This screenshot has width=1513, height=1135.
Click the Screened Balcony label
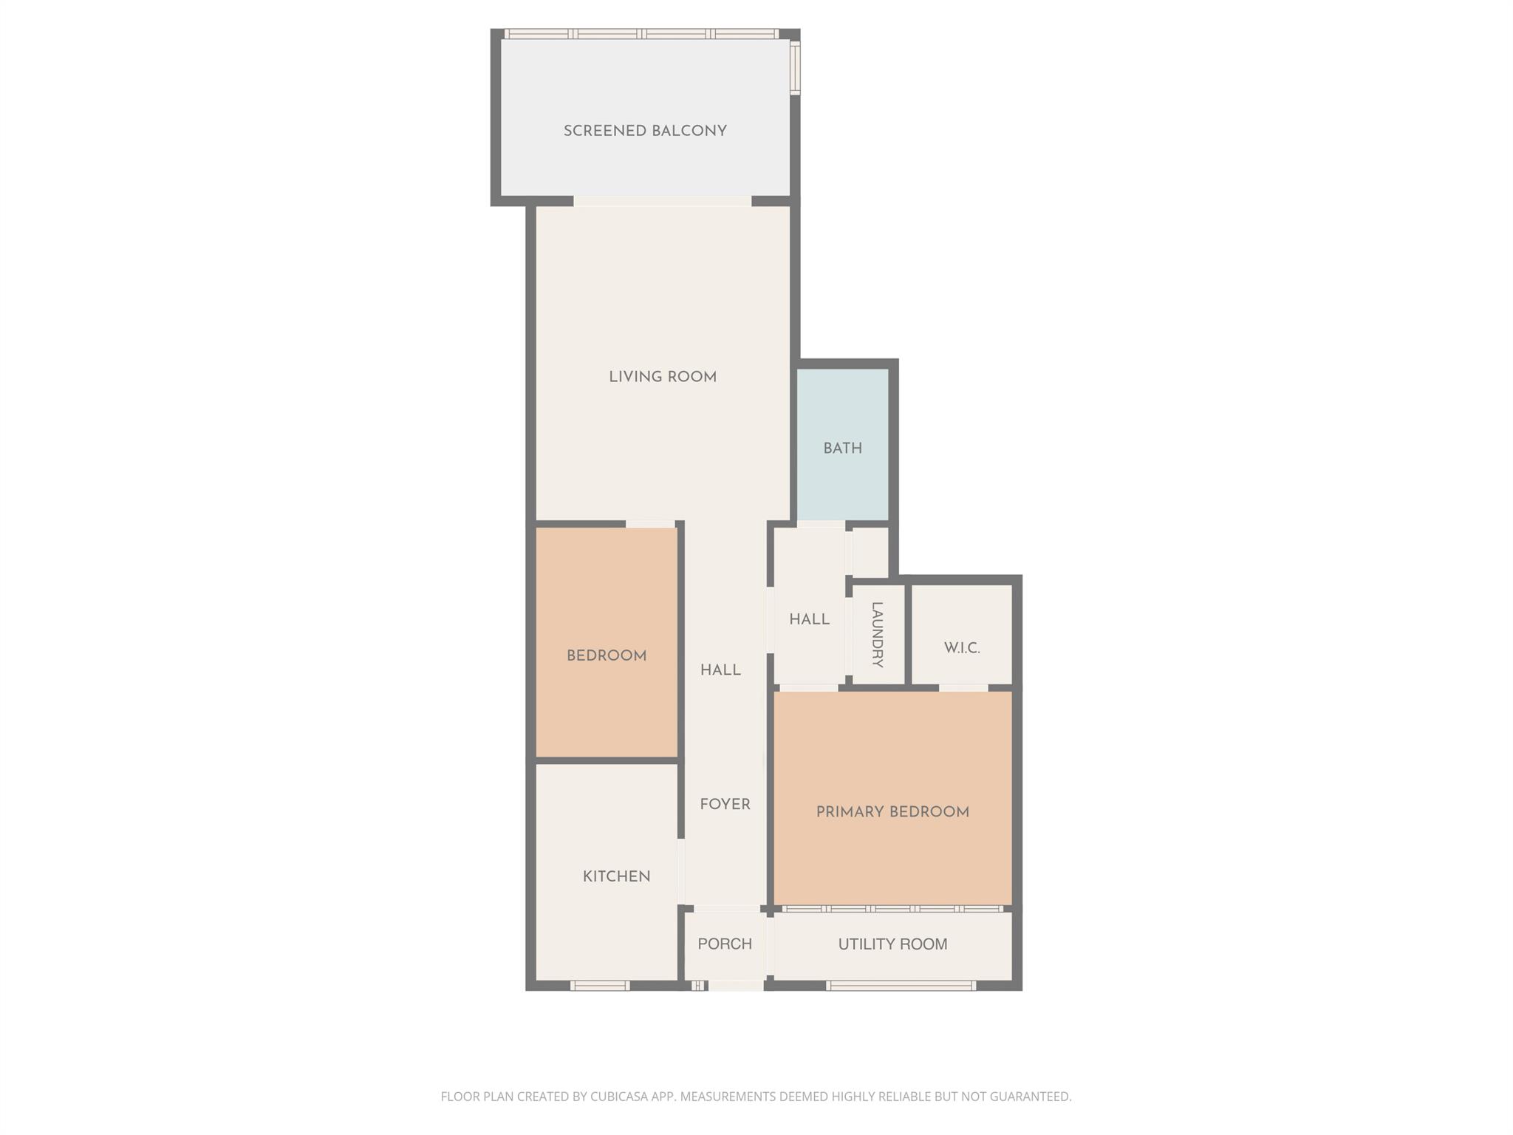(645, 132)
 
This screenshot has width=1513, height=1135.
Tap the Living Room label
(663, 378)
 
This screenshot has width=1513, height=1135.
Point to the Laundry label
(877, 635)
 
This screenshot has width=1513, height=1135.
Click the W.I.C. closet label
(962, 648)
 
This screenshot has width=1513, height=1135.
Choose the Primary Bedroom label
(892, 812)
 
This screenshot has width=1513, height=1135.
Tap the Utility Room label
(892, 944)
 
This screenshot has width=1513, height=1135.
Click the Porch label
(725, 944)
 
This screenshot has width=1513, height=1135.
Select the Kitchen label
(616, 877)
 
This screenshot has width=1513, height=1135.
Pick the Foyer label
(725, 805)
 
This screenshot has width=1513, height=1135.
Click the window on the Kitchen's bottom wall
(600, 985)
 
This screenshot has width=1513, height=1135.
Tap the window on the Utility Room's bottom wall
(901, 985)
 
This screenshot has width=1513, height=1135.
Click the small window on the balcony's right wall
(795, 68)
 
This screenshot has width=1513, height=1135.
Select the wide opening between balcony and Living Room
(662, 201)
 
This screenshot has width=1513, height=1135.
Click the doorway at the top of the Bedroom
(650, 524)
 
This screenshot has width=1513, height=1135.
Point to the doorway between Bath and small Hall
(821, 525)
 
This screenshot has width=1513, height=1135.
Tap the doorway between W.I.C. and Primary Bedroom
(963, 688)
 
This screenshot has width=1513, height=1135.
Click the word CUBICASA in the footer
(619, 1097)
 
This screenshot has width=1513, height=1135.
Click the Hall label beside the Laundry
(809, 619)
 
